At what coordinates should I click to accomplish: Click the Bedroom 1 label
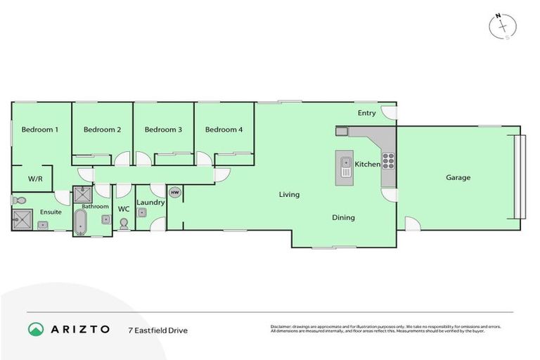click(39, 129)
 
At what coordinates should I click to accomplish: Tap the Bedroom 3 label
click(163, 129)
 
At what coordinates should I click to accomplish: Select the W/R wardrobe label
click(35, 179)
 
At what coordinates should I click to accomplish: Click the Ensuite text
click(50, 212)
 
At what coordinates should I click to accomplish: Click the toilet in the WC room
click(124, 224)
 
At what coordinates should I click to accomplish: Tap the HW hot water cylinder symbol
click(174, 192)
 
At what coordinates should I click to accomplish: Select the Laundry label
click(150, 202)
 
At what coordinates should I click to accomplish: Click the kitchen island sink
click(345, 166)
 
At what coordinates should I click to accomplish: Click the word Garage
click(458, 178)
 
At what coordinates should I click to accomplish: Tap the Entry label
click(366, 113)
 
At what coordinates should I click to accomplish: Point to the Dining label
click(343, 218)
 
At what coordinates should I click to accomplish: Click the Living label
click(289, 195)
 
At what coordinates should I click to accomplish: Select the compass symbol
click(502, 26)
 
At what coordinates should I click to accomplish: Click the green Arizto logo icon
click(36, 329)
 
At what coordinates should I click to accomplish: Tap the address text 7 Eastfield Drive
click(158, 330)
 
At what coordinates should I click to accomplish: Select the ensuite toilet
click(18, 201)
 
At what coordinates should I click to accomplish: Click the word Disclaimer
click(282, 326)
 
